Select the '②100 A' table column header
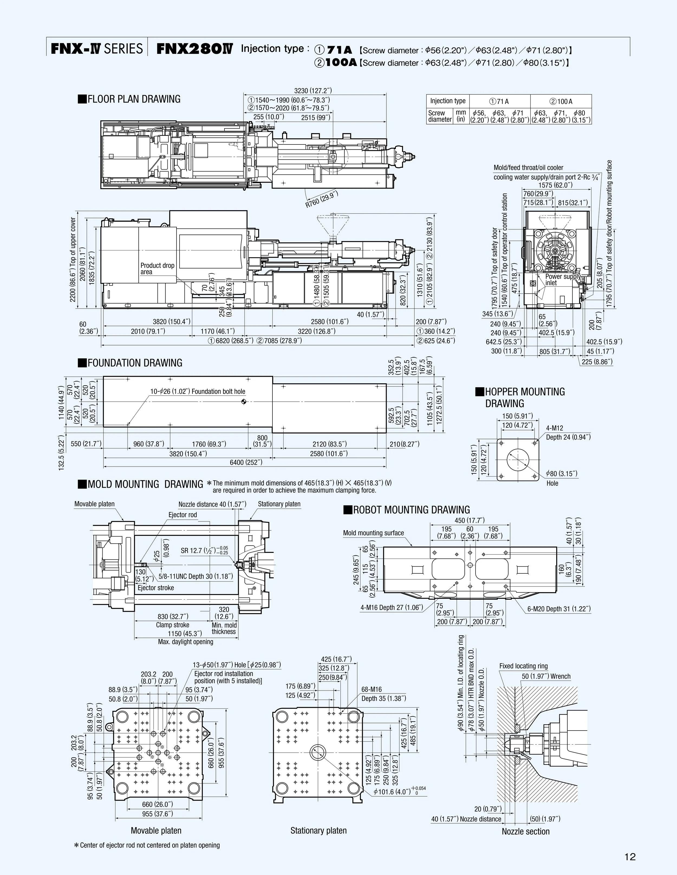coord(561,101)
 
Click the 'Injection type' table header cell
coord(448,101)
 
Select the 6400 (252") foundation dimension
coord(246,462)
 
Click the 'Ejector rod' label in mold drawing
coord(183,515)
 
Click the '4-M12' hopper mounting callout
coord(554,428)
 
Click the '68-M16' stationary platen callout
coord(371,689)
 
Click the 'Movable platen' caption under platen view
coord(156,831)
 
